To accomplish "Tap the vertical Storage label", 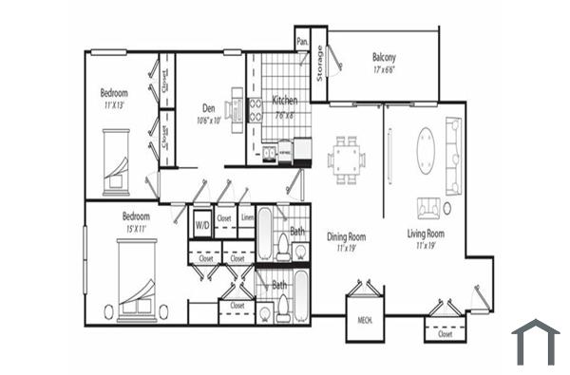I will [x=320, y=62].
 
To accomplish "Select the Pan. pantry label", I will [x=302, y=42].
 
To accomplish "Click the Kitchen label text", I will [x=285, y=100].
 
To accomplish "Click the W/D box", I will [x=201, y=226].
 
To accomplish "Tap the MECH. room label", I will [x=364, y=320].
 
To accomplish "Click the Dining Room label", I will [x=347, y=236].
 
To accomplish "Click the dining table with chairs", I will [x=347, y=157].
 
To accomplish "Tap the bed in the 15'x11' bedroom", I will [x=137, y=278].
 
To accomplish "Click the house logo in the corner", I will [x=535, y=342].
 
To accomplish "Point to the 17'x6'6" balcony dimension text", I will [x=384, y=68].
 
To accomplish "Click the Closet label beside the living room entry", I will [x=445, y=333].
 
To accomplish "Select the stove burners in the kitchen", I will [x=256, y=109].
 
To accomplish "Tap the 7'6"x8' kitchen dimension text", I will [x=285, y=115].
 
